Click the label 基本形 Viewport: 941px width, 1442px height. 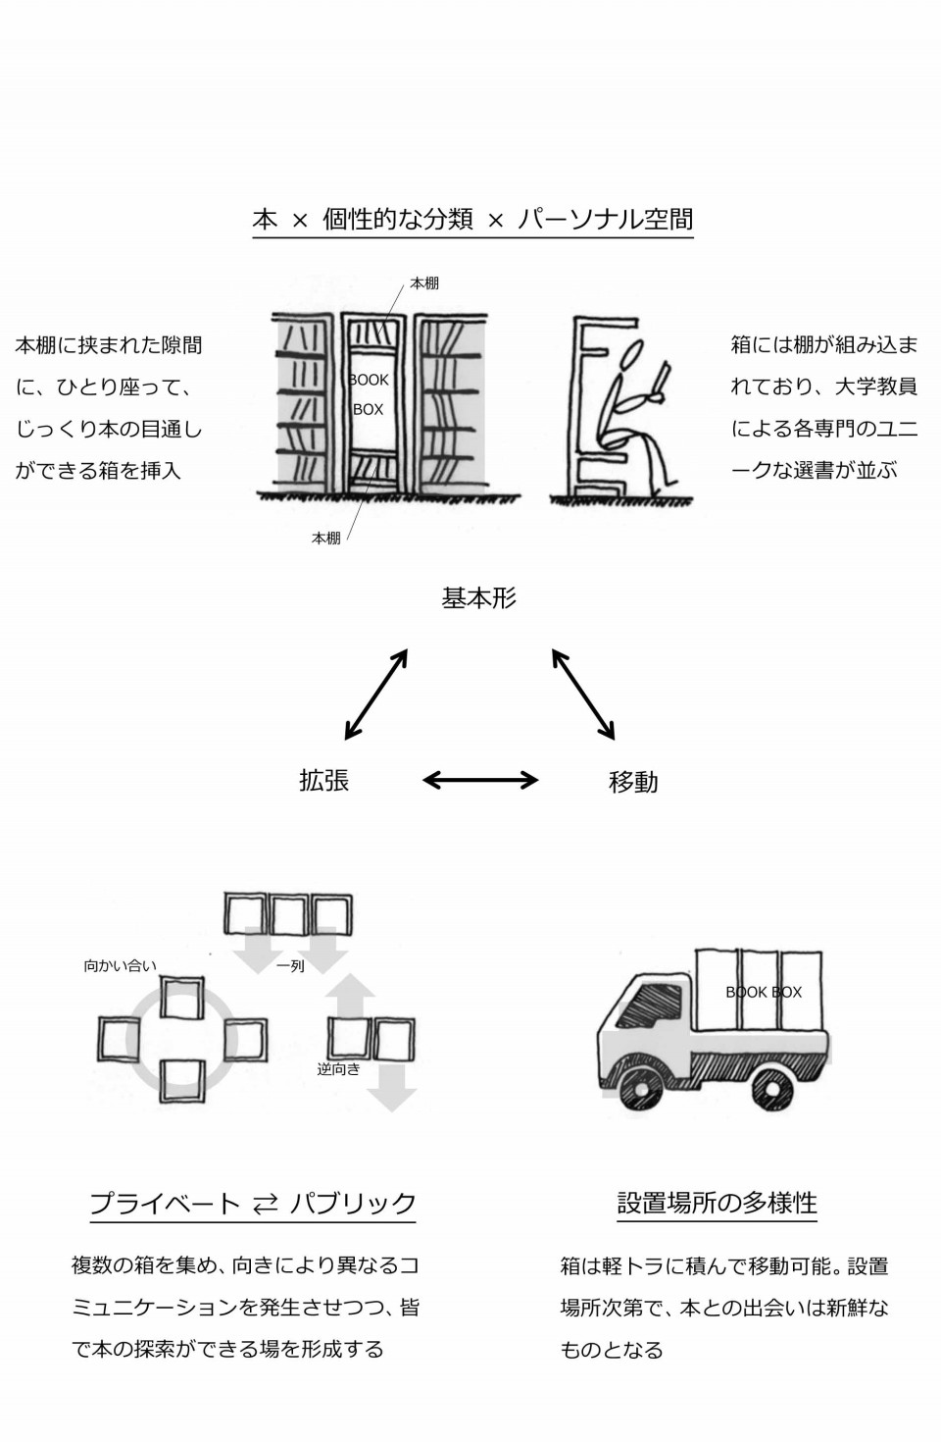coord(478,598)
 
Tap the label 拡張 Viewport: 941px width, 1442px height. coord(324,780)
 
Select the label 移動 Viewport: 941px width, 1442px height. coord(633,782)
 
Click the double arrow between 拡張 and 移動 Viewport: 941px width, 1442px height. coord(480,780)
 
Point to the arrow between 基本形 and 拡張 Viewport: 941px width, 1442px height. coord(376,694)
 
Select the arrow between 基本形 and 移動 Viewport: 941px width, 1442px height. coord(583,694)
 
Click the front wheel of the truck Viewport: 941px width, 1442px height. coord(640,1089)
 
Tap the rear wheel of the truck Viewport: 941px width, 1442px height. coord(772,1089)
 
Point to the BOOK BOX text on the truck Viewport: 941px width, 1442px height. coord(764,992)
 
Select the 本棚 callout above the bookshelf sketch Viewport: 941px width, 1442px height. coord(424,283)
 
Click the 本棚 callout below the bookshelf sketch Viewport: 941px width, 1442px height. coord(326,539)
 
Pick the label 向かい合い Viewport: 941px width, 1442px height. coord(121,965)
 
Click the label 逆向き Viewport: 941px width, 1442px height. coord(338,1069)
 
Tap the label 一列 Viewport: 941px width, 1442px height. coord(290,966)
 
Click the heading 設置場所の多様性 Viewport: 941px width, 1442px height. coord(718,1203)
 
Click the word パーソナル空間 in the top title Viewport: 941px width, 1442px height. coord(605,219)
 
